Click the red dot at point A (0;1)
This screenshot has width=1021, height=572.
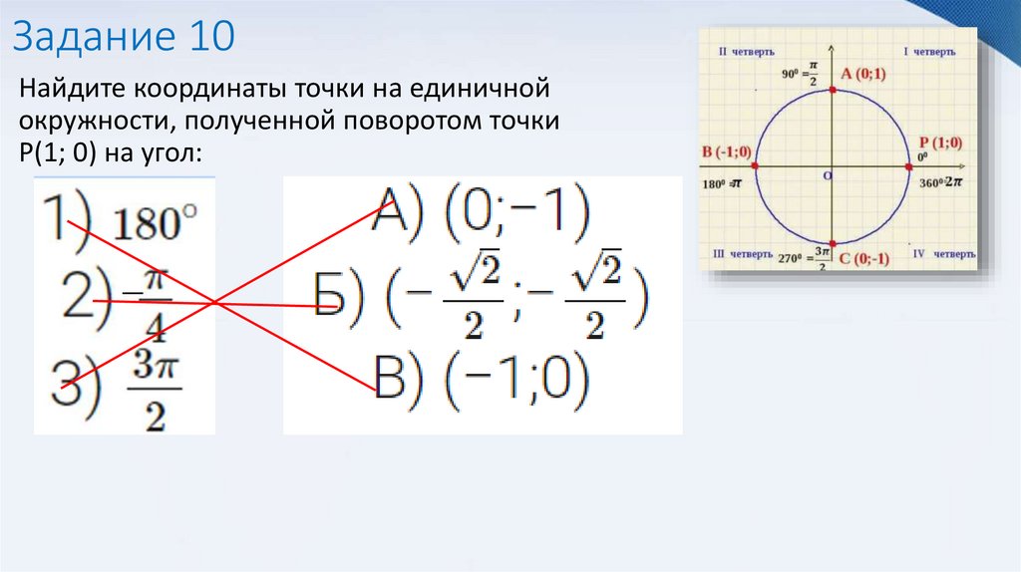[834, 91]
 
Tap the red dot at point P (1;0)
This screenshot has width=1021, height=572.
[909, 166]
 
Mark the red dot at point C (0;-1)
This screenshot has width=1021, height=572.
[834, 243]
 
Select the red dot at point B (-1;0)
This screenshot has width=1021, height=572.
[757, 166]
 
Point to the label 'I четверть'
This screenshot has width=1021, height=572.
[929, 52]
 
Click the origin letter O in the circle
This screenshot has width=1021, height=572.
[826, 175]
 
